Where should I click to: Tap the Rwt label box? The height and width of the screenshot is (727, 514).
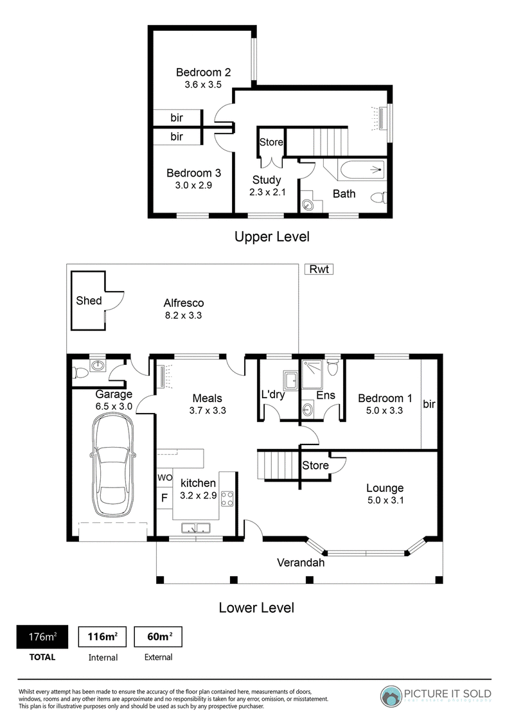(x=319, y=269)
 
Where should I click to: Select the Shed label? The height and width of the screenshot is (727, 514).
(x=89, y=301)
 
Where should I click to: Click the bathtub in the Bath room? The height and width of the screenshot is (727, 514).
(x=362, y=171)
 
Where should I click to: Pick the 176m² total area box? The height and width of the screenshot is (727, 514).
(x=42, y=636)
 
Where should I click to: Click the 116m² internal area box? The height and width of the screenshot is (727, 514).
(x=103, y=636)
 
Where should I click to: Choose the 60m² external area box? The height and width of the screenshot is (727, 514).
(x=158, y=636)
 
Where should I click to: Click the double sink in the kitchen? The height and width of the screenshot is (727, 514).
(x=196, y=528)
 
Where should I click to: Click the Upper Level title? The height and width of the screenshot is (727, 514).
(x=272, y=236)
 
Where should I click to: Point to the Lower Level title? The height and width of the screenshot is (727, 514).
(x=256, y=608)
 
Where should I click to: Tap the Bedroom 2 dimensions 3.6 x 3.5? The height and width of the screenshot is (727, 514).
(x=203, y=84)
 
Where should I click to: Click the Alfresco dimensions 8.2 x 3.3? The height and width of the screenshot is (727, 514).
(x=183, y=315)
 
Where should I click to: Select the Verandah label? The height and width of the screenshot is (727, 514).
(x=301, y=563)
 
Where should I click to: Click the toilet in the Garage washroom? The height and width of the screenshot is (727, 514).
(x=81, y=372)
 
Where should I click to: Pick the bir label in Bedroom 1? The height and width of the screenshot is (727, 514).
(x=429, y=404)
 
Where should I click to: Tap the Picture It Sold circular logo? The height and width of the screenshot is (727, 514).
(x=391, y=696)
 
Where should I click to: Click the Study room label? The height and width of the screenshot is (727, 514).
(x=267, y=180)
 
